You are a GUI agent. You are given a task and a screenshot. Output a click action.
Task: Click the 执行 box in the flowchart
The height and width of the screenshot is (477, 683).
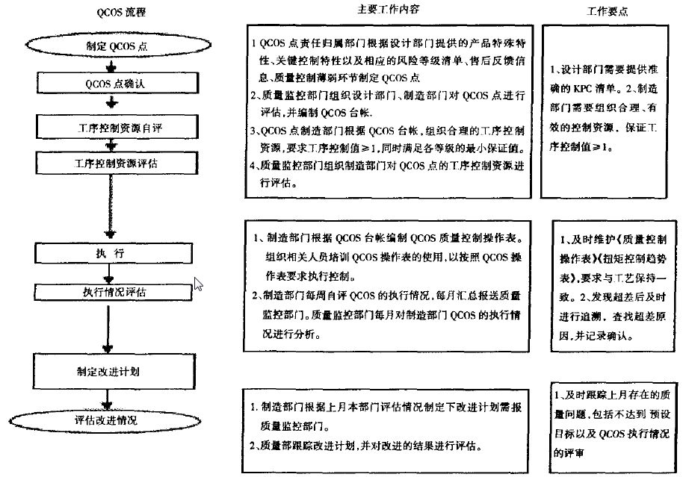pos(110,253)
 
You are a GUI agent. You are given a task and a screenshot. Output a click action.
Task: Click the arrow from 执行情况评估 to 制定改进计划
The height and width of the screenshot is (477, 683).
pos(110,325)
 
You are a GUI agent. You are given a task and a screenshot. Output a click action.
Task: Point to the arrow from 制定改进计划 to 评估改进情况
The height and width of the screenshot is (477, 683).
pos(110,396)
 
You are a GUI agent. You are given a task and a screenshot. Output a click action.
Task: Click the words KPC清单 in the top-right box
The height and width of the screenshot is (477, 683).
pos(590,87)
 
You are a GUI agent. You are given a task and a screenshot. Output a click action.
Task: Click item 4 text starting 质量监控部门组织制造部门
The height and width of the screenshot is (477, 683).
pos(389,166)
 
